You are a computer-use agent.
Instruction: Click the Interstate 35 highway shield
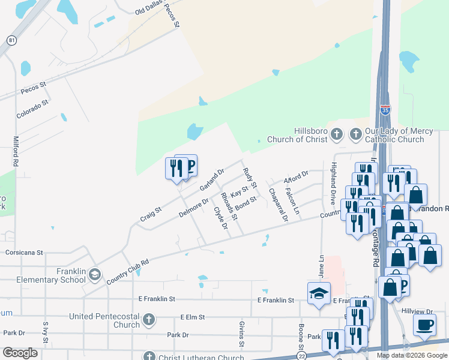(x=385, y=110)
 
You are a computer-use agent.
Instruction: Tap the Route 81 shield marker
(x=11, y=40)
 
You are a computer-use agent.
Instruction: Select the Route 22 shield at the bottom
(x=300, y=356)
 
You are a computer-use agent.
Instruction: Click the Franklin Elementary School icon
(x=94, y=275)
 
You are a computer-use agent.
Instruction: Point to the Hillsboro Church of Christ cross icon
(x=337, y=135)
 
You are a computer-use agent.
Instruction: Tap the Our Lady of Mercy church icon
(x=355, y=135)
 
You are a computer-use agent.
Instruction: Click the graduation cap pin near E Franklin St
(x=319, y=293)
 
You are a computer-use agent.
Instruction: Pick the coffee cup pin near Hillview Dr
(x=424, y=325)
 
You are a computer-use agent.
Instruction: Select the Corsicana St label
(x=25, y=253)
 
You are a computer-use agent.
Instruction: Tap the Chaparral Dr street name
(x=279, y=205)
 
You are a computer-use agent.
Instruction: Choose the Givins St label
(x=241, y=334)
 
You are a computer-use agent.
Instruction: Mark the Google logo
(x=20, y=352)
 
